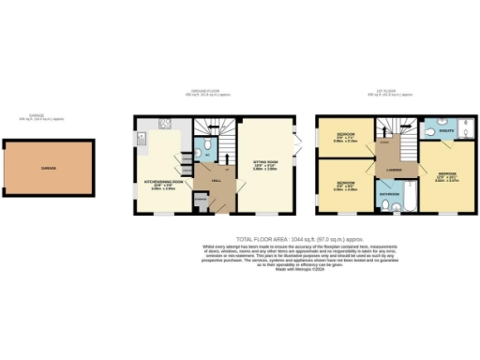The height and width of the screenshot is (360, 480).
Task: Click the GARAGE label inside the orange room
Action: pyautogui.click(x=47, y=169)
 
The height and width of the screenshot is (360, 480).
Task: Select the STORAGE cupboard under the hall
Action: pyautogui.click(x=200, y=199)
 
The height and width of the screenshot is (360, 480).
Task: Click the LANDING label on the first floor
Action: pyautogui.click(x=394, y=171)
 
